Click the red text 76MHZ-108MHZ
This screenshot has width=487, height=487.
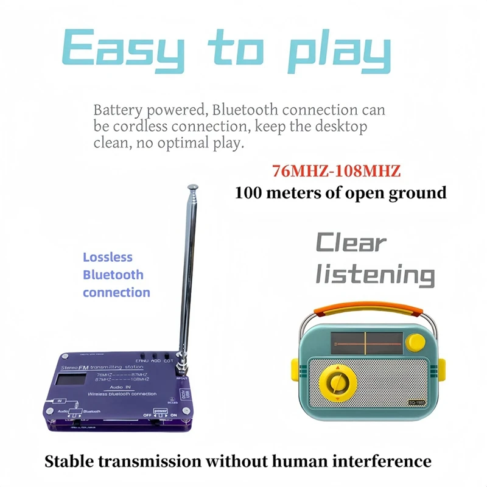point(336,171)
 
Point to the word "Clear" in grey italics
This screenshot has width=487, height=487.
point(351,243)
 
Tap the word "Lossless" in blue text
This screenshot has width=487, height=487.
point(108,258)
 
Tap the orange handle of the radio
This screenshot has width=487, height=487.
point(365,306)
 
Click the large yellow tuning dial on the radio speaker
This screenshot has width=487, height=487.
point(336,382)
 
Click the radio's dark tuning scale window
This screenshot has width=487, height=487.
point(365,343)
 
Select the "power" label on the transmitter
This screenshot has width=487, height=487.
point(161,410)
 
